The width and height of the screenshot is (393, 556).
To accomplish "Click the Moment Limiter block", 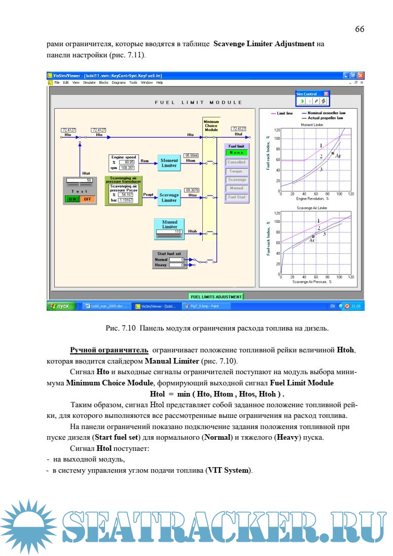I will click(169, 163).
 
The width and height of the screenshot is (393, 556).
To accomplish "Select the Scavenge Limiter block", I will click(169, 198).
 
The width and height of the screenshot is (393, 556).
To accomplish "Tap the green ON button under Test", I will click(72, 199).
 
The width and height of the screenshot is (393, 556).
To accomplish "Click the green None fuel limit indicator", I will click(236, 153).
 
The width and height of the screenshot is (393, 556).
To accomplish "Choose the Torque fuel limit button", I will click(236, 171).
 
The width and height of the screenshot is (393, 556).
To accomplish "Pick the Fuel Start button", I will click(236, 197).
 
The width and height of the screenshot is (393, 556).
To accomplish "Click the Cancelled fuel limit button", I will click(236, 162).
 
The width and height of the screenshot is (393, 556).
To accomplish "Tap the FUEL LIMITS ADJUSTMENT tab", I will click(216, 296).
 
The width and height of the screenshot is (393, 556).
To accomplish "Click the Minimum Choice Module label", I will click(211, 125).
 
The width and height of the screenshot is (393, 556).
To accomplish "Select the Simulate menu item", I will click(89, 82).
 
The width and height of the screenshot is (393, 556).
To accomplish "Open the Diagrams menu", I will click(119, 82).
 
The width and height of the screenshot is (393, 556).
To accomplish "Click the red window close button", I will click(361, 75).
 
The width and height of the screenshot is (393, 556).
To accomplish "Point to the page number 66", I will click(359, 29).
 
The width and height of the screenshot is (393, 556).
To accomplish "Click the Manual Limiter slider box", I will click(169, 232).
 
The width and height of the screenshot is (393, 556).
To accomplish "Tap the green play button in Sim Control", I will click(302, 101).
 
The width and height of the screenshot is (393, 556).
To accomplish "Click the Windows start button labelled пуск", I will click(61, 306).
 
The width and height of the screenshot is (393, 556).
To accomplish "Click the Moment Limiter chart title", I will click(312, 125).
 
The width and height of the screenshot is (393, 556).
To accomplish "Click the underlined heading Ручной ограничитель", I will click(109, 350).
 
